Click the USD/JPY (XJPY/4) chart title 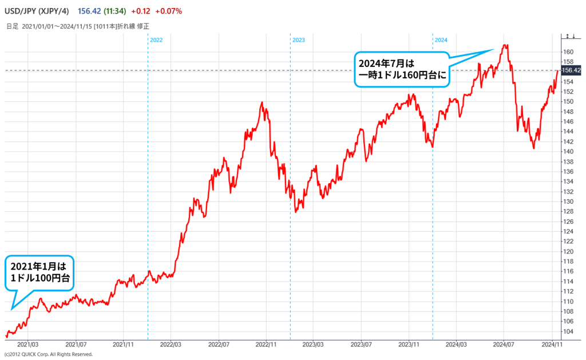coord(37,9)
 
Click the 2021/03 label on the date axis coord(28,345)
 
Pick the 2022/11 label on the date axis coord(266,345)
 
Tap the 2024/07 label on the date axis coord(504,345)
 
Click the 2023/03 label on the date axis coord(314,345)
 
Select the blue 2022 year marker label coord(156,40)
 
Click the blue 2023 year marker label coord(299,40)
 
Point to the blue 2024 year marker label coord(441,40)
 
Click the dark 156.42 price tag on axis coord(572,70)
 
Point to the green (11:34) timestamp coord(115,9)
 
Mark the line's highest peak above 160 coord(504,45)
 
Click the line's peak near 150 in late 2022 coord(262,102)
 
